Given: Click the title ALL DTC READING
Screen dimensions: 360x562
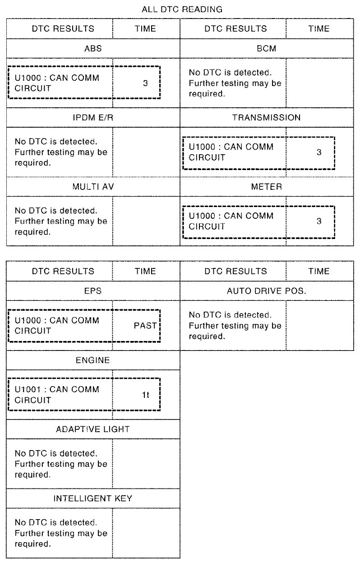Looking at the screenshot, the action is [x=182, y=9].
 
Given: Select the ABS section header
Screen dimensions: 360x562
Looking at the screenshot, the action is [x=93, y=49].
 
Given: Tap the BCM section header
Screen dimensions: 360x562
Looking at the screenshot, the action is [x=266, y=49].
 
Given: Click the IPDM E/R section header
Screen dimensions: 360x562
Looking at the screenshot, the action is [x=93, y=118].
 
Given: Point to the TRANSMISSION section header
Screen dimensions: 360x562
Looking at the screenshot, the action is [x=266, y=118].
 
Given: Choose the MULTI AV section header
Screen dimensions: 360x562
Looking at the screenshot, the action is [x=93, y=187].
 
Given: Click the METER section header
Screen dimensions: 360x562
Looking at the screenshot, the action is [x=266, y=187].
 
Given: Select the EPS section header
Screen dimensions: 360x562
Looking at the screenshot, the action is [x=93, y=291].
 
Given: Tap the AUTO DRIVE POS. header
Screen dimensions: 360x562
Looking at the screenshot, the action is [x=266, y=291].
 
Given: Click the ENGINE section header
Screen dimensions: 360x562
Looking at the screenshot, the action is [x=93, y=360].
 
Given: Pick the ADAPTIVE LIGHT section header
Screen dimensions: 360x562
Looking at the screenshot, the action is [x=93, y=429].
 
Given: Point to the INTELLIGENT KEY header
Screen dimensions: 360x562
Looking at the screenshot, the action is [x=93, y=498].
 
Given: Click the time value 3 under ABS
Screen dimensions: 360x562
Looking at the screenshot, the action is [x=145, y=83].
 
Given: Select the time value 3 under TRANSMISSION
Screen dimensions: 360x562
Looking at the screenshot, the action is [x=319, y=152].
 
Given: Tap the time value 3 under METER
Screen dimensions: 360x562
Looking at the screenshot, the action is [x=319, y=221].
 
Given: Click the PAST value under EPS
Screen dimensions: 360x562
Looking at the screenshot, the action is [x=145, y=326].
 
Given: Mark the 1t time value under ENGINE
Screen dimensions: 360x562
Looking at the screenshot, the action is [x=145, y=395].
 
